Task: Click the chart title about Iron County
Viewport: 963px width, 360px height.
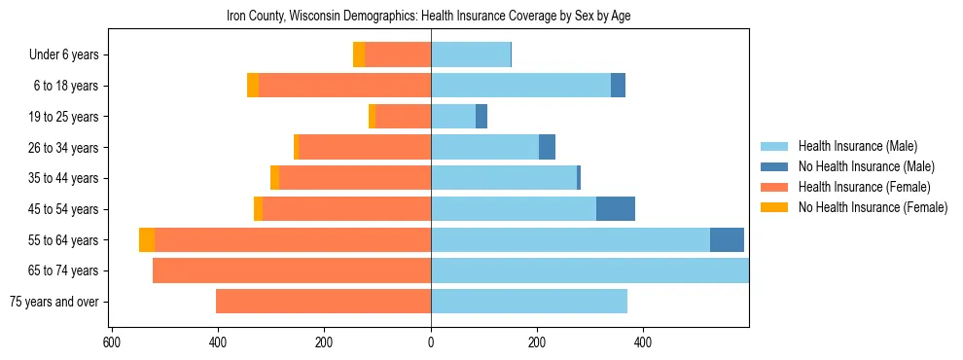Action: pos(429,17)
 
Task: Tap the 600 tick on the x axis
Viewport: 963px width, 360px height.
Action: pos(111,342)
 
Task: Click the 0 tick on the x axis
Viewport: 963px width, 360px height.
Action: pos(431,342)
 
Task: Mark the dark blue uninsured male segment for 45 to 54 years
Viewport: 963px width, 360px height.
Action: pos(616,209)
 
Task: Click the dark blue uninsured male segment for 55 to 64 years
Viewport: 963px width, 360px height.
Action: pos(727,240)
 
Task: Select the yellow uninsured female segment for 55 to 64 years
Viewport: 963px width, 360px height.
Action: pos(147,240)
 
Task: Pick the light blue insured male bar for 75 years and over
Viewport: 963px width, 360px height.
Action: pos(529,302)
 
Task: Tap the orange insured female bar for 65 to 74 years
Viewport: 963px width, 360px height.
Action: pos(292,270)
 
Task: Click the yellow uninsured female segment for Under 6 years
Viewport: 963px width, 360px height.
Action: pos(359,55)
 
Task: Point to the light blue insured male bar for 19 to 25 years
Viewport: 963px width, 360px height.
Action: pos(453,117)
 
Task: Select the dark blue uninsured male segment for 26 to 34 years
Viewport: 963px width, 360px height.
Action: pos(547,148)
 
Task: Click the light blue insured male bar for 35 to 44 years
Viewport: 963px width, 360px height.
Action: pos(504,178)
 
